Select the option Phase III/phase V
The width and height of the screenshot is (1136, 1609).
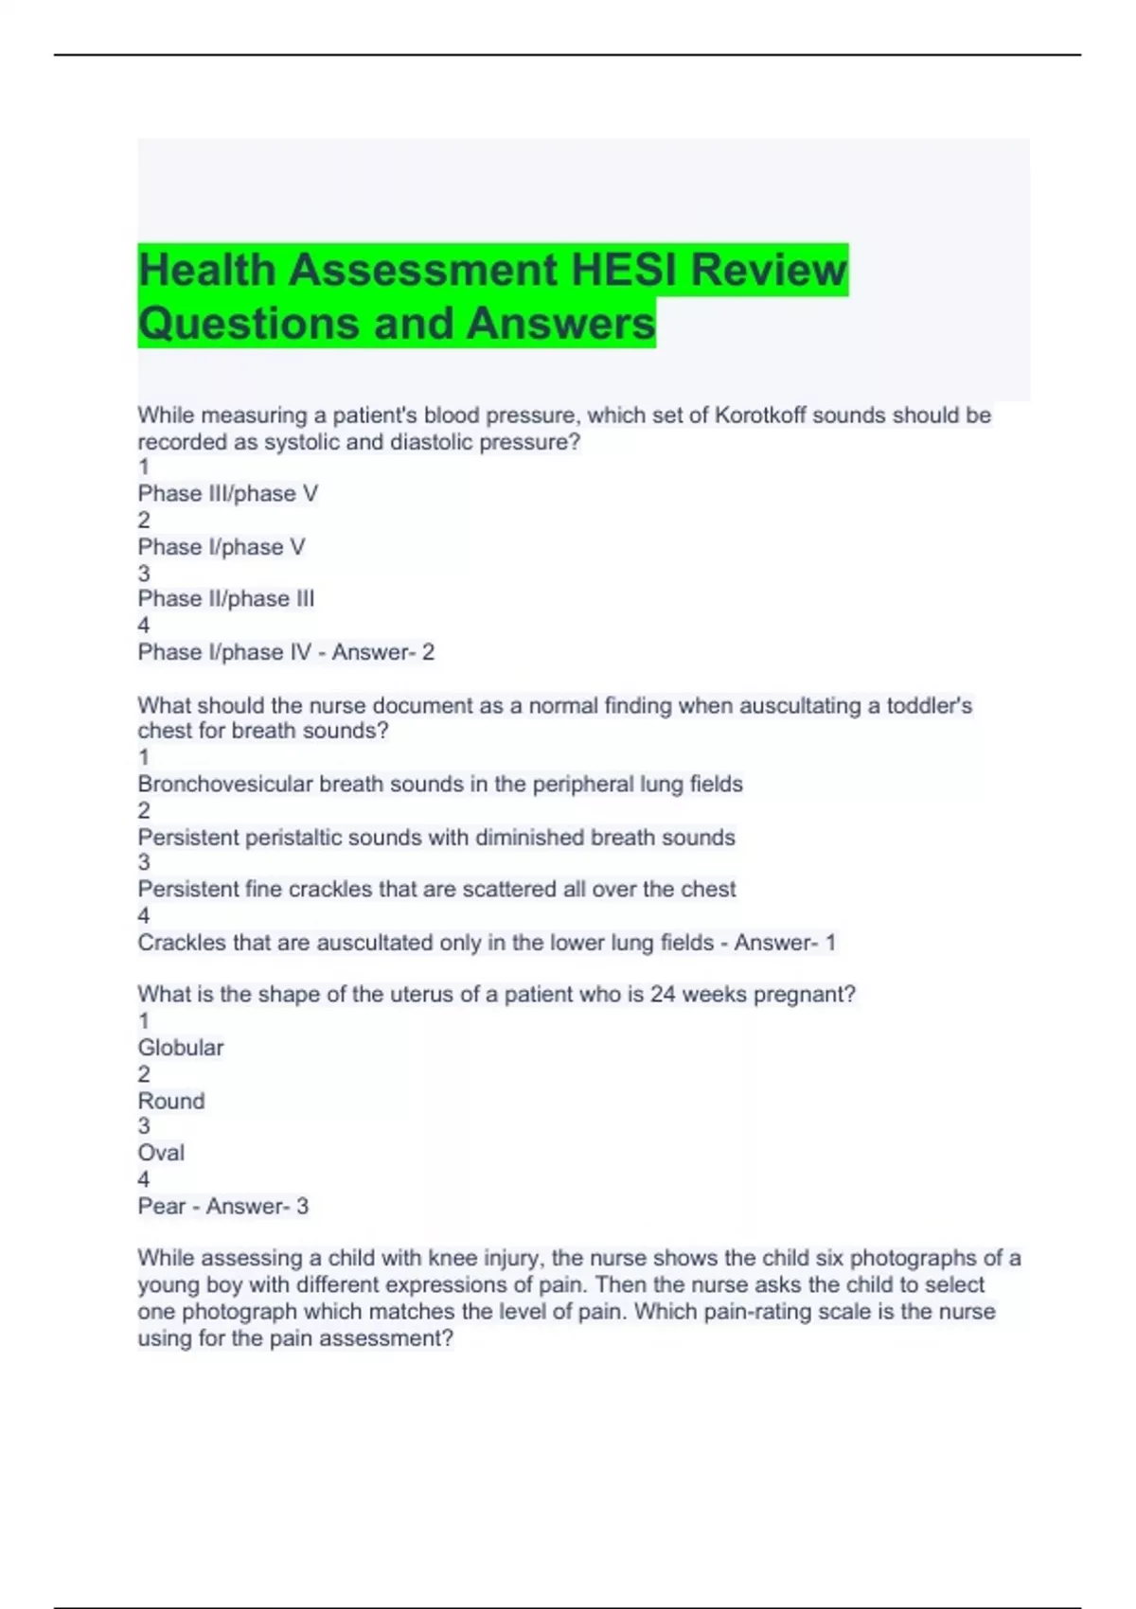pos(227,494)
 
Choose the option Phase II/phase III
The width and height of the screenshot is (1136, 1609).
pos(226,599)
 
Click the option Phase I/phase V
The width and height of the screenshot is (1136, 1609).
pos(222,547)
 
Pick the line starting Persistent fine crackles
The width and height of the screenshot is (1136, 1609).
pos(436,890)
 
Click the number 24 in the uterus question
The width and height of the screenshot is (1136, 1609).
pos(663,995)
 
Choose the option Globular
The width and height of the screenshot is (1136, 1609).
pos(181,1048)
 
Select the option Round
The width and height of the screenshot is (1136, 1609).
pos(171,1101)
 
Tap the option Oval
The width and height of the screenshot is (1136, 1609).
pos(161,1153)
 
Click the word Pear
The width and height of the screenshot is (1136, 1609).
pos(162,1207)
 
